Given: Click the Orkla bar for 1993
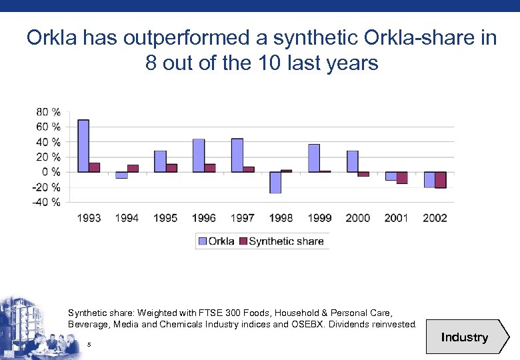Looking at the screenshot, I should [x=83, y=146].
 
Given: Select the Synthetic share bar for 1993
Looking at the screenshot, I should [x=95, y=167].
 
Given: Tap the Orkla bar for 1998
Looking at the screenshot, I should [x=275, y=182].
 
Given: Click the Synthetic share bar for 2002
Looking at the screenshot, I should [x=440, y=180].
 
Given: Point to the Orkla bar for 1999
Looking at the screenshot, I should [x=314, y=158].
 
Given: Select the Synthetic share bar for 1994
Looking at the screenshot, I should [x=133, y=168].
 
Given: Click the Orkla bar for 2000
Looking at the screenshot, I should [x=352, y=161].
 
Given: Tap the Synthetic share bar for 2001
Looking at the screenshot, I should [x=402, y=177].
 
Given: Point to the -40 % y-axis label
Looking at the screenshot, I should [x=47, y=202].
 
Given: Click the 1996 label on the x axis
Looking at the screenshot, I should [x=203, y=218].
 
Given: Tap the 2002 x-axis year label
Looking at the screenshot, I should [x=435, y=218].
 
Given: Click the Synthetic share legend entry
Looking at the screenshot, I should [x=286, y=241].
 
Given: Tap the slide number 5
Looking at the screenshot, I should [x=89, y=344].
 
